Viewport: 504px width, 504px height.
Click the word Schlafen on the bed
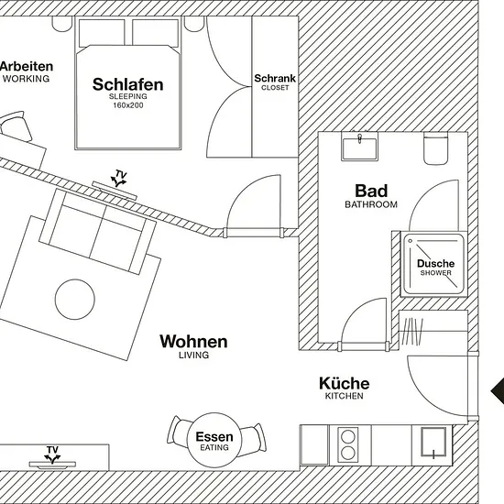click(x=128, y=84)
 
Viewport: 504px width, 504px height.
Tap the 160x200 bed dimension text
click(x=128, y=105)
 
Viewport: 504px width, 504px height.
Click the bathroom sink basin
click(x=360, y=148)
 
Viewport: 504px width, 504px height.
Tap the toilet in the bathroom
click(x=435, y=148)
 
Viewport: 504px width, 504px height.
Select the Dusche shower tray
click(x=434, y=264)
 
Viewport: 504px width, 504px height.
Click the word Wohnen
click(x=193, y=342)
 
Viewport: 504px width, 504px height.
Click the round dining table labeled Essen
click(x=214, y=440)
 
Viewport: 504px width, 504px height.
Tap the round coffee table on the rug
click(x=75, y=300)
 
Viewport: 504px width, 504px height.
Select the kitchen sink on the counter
click(x=433, y=442)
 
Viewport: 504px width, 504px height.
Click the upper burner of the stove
click(x=348, y=437)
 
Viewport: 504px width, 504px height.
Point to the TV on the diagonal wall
click(x=115, y=191)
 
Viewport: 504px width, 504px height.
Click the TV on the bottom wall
click(x=52, y=465)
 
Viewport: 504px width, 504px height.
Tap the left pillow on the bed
click(x=102, y=33)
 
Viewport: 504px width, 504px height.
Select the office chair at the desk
click(x=16, y=126)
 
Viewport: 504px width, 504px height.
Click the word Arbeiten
click(x=27, y=67)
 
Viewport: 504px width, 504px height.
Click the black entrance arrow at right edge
click(x=498, y=391)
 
